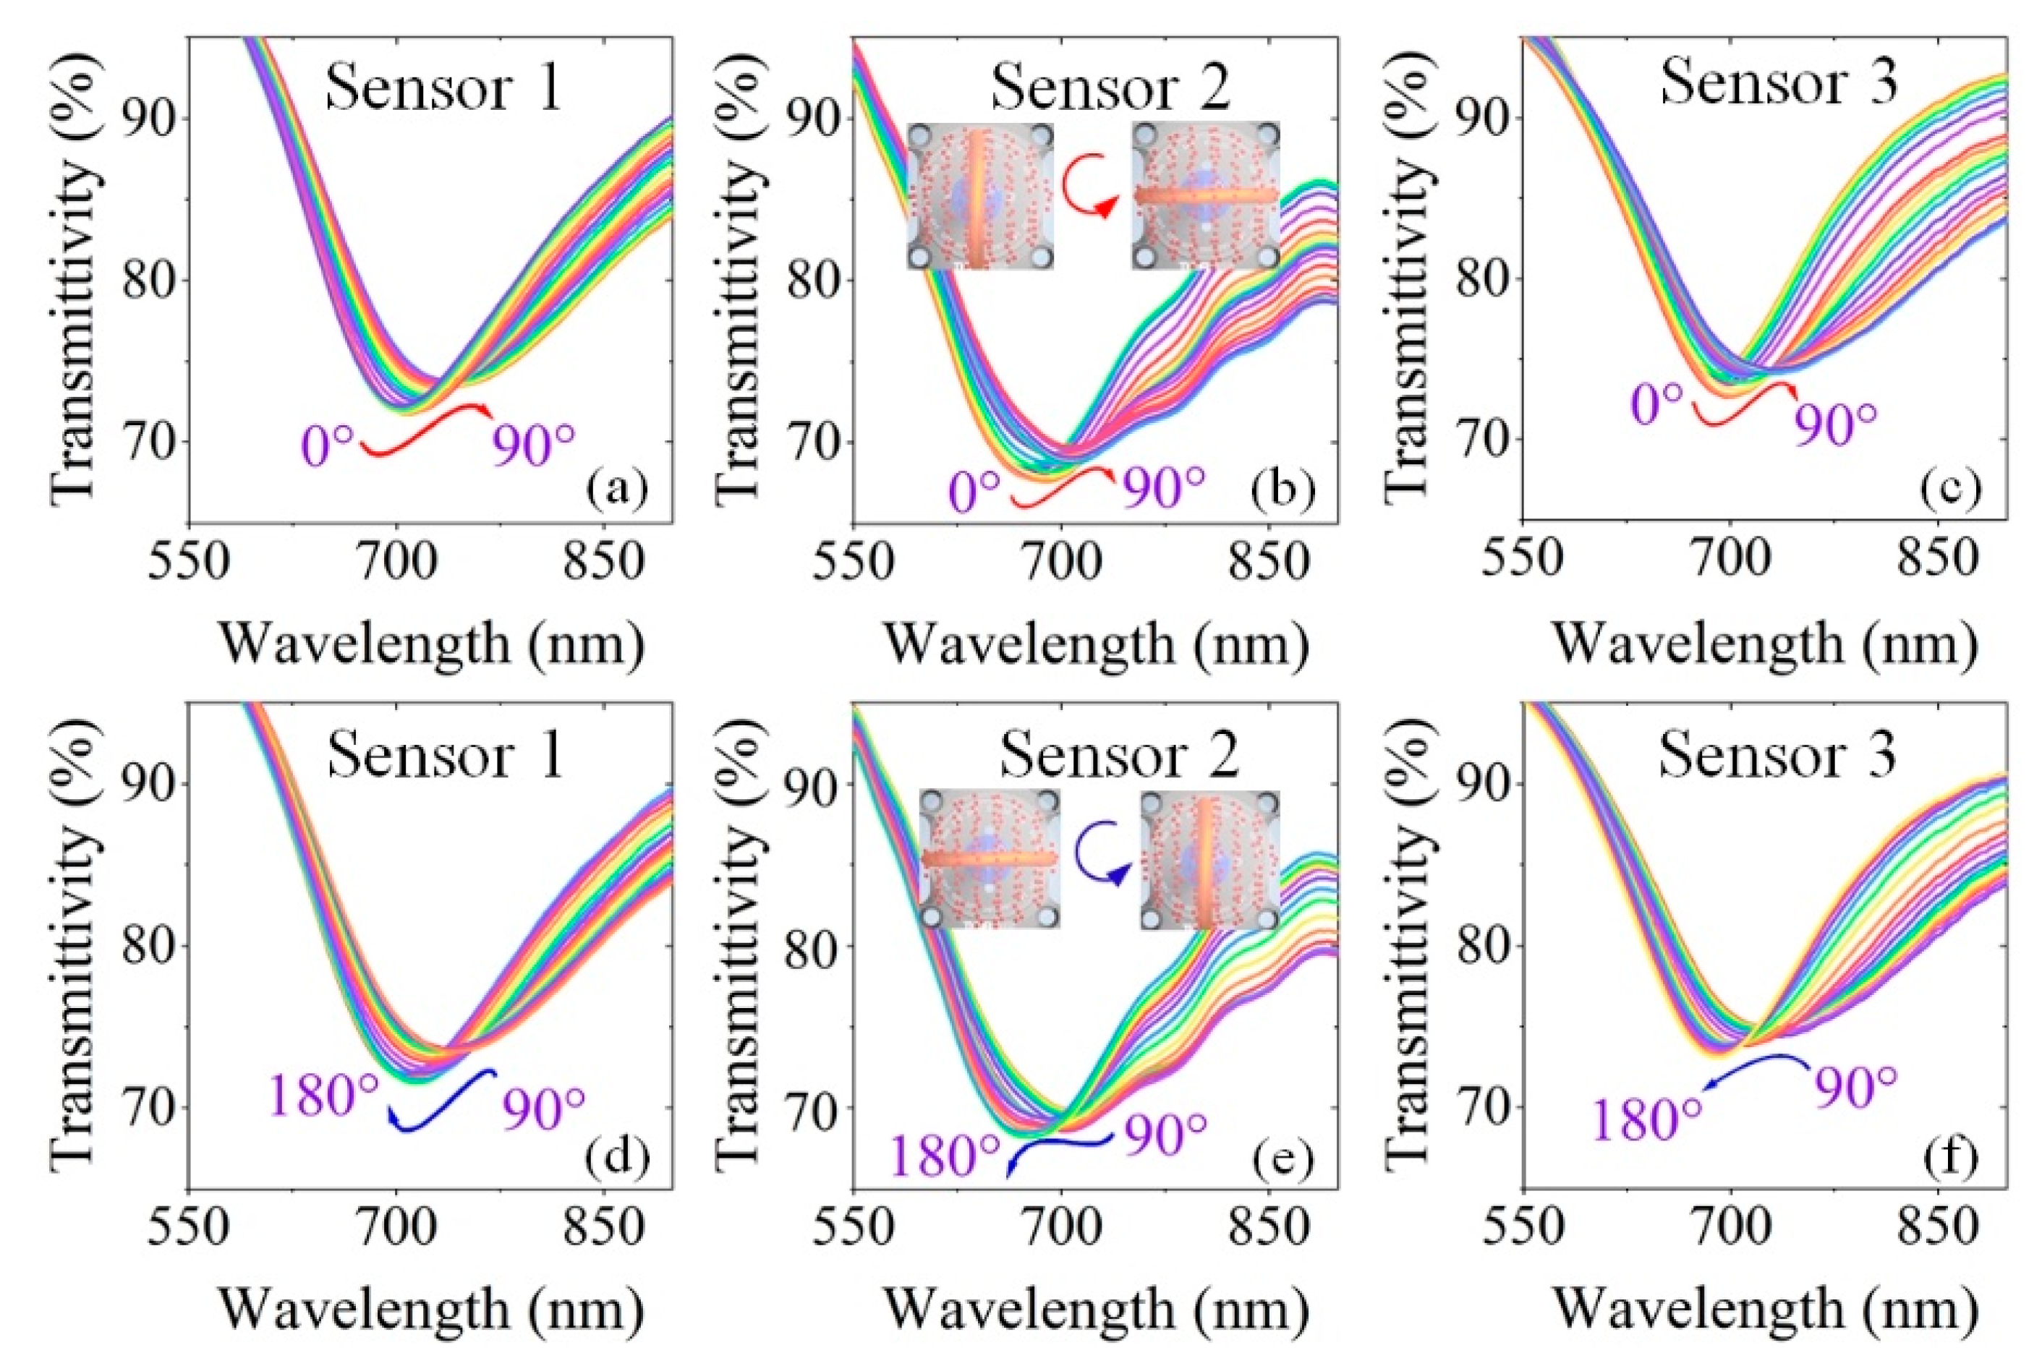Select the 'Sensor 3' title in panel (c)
coord(1779,85)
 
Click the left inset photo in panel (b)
coord(980,196)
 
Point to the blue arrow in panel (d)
coord(440,1101)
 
